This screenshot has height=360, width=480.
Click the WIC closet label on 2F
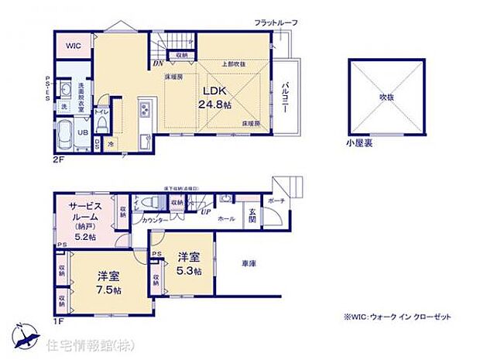coord(74,46)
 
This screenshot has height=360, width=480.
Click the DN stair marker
coord(157,63)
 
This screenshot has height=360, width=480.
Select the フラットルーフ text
coord(276,23)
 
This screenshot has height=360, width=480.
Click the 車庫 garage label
coord(247,263)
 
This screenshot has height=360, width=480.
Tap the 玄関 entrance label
coord(252,216)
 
